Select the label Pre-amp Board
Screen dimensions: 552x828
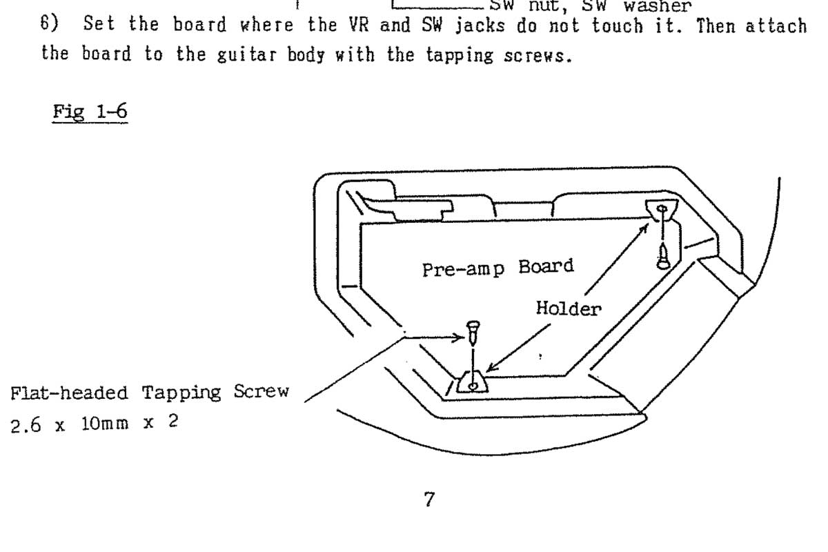(497, 267)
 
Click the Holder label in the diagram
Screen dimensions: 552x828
(568, 308)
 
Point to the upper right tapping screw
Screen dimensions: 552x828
(663, 256)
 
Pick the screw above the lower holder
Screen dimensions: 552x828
(473, 333)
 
